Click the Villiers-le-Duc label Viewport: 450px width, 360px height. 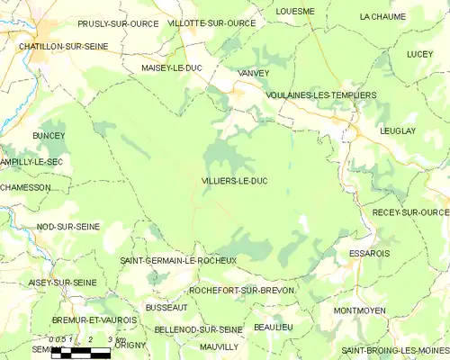point(234,181)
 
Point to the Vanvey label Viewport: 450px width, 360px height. point(253,72)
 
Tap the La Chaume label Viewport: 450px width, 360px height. point(382,16)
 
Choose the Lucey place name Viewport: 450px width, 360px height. point(418,54)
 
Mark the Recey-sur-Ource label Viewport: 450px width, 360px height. point(409,212)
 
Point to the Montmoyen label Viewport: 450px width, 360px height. point(359,310)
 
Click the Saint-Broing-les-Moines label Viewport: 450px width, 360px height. point(394,350)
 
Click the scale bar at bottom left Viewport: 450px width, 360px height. point(80,352)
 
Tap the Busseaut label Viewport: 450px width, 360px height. point(166,308)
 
